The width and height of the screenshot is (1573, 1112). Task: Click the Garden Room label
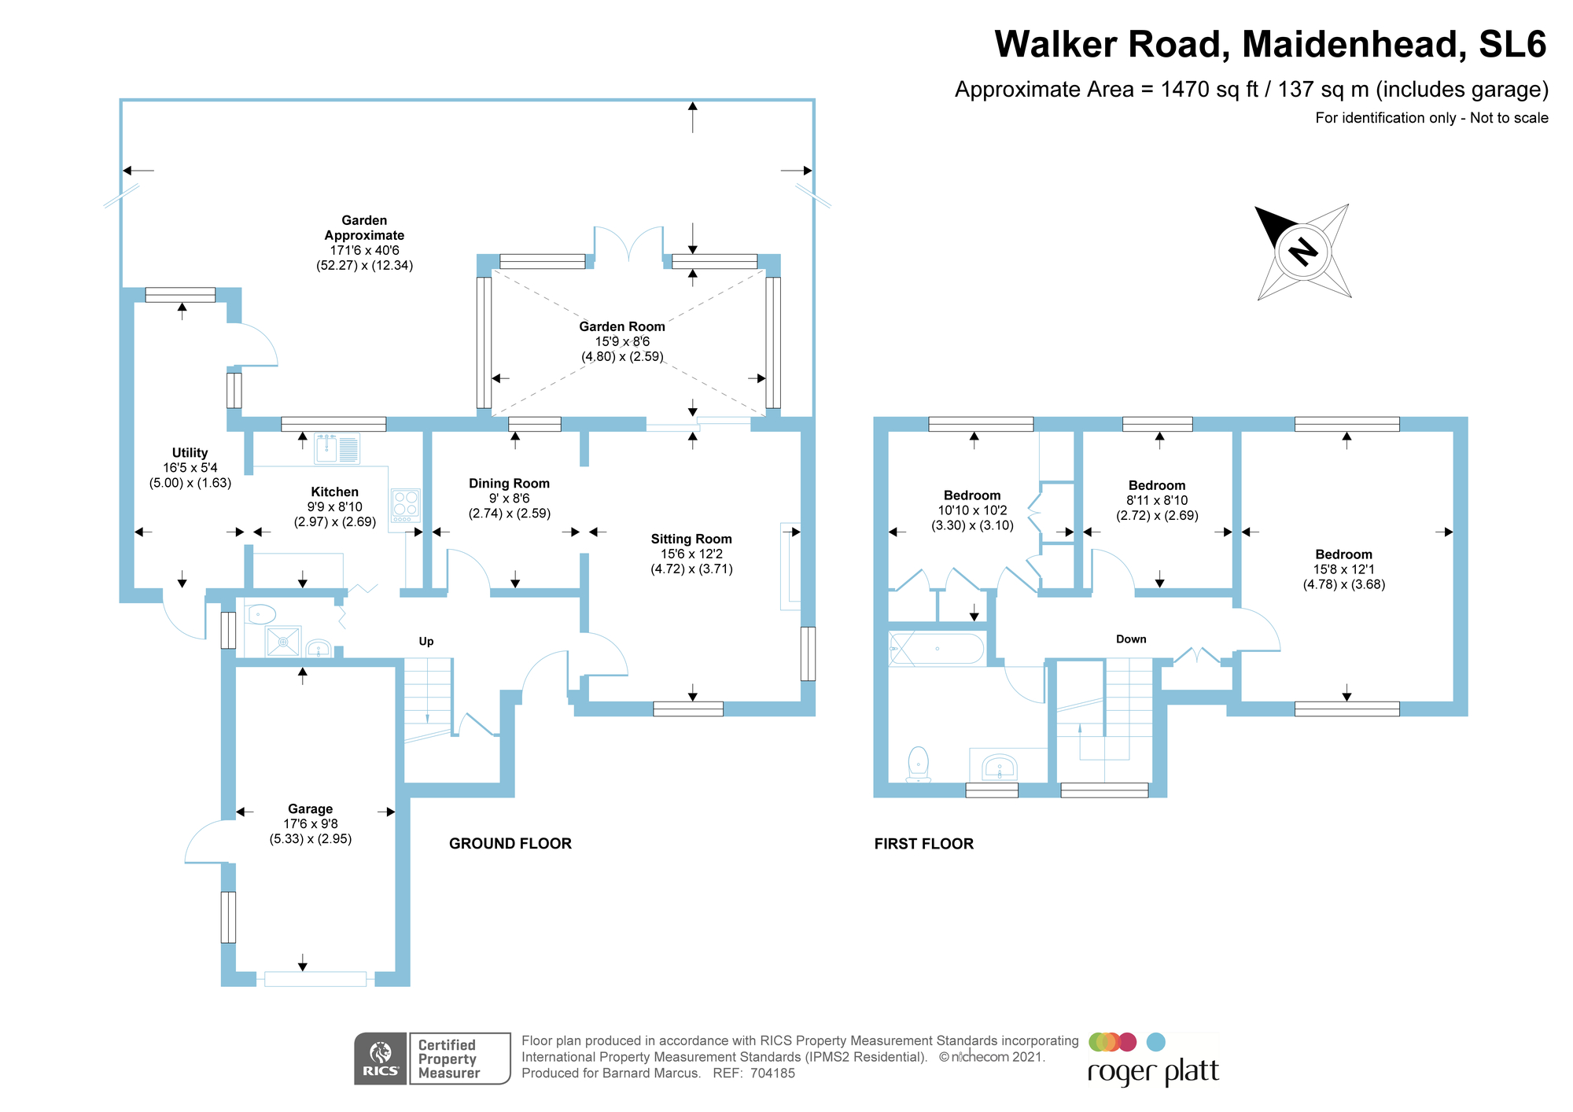(622, 326)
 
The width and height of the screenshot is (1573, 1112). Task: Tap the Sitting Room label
(691, 539)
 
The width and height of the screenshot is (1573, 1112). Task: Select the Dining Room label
(509, 484)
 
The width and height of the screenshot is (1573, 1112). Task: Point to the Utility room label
(190, 453)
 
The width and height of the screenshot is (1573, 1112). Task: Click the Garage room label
(310, 808)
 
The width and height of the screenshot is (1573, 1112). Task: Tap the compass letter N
(1303, 252)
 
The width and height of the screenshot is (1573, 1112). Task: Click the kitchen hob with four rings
(406, 506)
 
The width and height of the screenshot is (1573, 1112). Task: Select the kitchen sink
(337, 448)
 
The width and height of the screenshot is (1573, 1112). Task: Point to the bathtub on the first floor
(936, 649)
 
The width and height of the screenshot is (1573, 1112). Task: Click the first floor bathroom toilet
(918, 764)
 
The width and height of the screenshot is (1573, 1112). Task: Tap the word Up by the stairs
(426, 641)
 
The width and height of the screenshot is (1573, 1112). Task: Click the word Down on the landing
(1131, 639)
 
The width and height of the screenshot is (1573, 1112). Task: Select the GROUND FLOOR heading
(510, 843)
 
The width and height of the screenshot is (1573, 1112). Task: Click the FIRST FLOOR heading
(924, 843)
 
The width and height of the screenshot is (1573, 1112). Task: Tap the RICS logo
(381, 1059)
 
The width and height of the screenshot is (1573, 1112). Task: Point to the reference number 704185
(772, 1073)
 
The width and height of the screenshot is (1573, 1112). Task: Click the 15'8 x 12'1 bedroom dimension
(1344, 569)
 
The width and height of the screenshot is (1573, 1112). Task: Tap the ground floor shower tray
(283, 642)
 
